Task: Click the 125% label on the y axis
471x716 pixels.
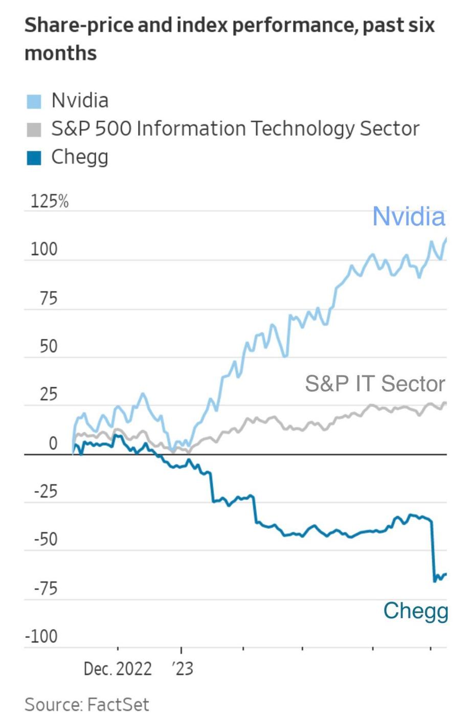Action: [49, 202]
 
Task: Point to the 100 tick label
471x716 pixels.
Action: [44, 250]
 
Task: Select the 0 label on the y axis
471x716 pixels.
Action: [53, 443]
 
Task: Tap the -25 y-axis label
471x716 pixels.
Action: [46, 492]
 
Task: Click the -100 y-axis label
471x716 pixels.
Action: [41, 637]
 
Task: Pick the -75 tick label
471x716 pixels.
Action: [46, 589]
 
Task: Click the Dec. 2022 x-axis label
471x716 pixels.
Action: [118, 669]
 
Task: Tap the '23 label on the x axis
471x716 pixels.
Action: [182, 669]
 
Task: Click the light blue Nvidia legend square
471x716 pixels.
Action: [34, 101]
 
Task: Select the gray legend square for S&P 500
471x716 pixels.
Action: [34, 130]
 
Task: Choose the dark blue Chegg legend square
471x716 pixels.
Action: [34, 158]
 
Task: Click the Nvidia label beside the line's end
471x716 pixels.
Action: [408, 216]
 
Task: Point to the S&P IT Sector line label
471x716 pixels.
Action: [375, 384]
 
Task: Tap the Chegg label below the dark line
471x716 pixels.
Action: [415, 611]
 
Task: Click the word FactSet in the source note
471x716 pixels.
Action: [118, 705]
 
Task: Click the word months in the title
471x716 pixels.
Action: [60, 53]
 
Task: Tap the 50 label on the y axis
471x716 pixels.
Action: [49, 347]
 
